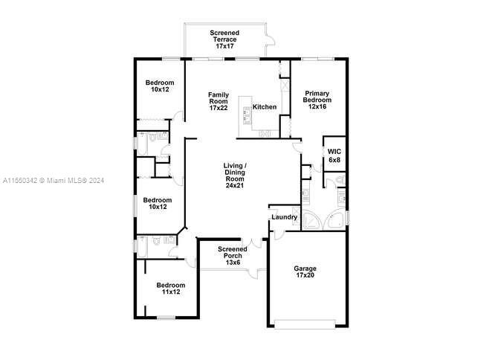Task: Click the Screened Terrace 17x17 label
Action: click(224, 39)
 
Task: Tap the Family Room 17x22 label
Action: click(219, 101)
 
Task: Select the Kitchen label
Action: click(265, 107)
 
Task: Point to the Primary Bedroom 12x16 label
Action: click(317, 100)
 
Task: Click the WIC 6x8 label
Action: click(334, 155)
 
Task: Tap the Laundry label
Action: click(284, 218)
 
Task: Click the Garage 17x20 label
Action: click(305, 272)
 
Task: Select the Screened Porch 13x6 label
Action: click(233, 255)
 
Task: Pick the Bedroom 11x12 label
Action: click(170, 288)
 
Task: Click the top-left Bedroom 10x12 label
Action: click(160, 86)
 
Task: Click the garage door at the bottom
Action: click(306, 323)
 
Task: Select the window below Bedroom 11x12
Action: click(166, 318)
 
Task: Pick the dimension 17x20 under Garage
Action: click(305, 277)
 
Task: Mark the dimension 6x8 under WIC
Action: click(334, 160)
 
